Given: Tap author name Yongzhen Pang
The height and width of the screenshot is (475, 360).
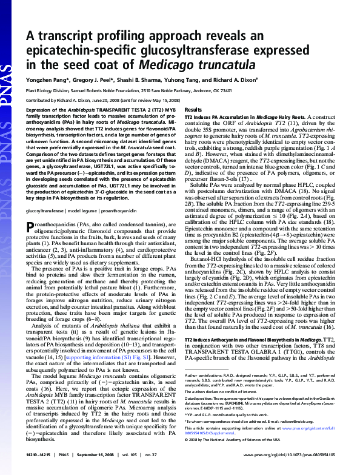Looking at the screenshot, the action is tap(45, 79).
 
